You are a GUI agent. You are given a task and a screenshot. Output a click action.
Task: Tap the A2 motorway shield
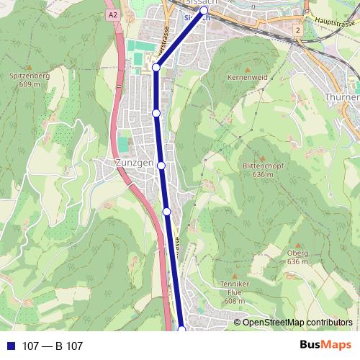[x=112, y=14]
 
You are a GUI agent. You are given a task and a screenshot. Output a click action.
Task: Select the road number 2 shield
[x=297, y=32]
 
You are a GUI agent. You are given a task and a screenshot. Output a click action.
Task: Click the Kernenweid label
[x=248, y=76]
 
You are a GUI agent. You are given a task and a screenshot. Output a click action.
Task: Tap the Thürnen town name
[x=342, y=96]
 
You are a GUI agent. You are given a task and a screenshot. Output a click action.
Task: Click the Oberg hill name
[x=297, y=253]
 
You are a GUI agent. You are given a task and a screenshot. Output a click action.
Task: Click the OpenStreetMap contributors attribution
[x=297, y=323]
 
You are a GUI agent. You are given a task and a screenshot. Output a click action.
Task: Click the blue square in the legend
[x=11, y=346]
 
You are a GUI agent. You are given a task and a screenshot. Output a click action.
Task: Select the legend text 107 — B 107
[x=53, y=346]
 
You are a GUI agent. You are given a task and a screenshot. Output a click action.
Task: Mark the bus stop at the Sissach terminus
[x=204, y=11]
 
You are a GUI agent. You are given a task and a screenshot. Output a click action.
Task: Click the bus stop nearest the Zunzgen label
[x=161, y=166]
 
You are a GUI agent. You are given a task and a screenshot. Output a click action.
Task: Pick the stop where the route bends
[x=156, y=68]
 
